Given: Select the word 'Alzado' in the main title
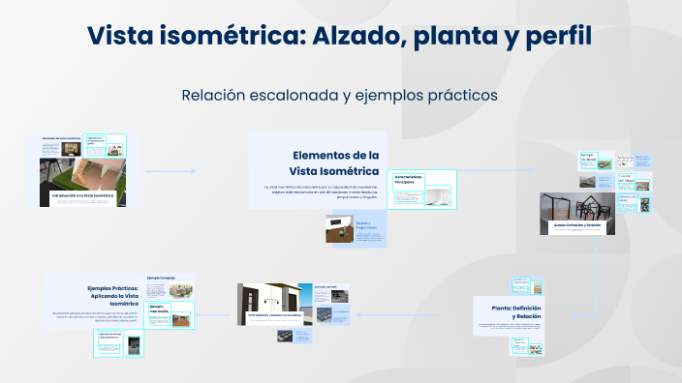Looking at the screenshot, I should pyautogui.click(x=361, y=37).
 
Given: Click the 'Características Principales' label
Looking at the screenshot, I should pyautogui.click(x=409, y=180).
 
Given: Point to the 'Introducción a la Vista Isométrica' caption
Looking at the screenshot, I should pyautogui.click(x=82, y=195).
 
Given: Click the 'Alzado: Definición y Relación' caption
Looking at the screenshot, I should pyautogui.click(x=577, y=223).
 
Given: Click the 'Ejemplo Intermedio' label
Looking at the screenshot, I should pyautogui.click(x=159, y=309).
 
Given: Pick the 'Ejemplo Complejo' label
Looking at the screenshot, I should pyautogui.click(x=161, y=279).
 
